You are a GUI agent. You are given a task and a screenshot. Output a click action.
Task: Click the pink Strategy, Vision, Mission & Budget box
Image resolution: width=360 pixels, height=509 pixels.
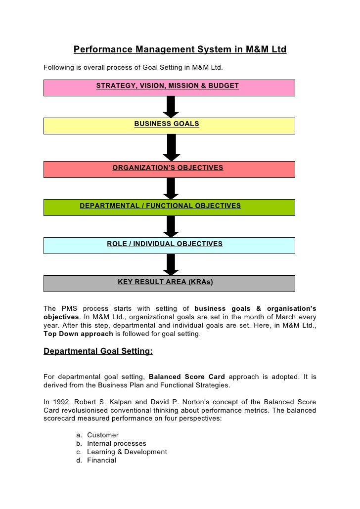pyautogui.click(x=169, y=87)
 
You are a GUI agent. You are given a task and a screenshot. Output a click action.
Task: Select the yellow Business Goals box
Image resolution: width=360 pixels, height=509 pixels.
pyautogui.click(x=169, y=126)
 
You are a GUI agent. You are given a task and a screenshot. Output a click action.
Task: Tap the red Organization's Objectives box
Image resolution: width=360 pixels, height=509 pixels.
pyautogui.click(x=169, y=169)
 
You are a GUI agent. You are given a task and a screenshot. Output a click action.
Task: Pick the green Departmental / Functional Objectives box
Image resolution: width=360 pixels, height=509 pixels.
pyautogui.click(x=169, y=207)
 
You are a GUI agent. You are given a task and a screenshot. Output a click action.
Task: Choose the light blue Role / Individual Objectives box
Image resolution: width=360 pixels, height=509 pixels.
pyautogui.click(x=169, y=245)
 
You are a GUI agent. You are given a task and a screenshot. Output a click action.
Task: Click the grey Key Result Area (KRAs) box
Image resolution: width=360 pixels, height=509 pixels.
pyautogui.click(x=169, y=283)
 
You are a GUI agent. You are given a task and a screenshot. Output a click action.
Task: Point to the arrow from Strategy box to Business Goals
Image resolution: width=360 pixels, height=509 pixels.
pyautogui.click(x=171, y=106)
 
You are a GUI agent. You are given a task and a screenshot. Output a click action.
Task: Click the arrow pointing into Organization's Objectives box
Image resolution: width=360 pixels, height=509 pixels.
pyautogui.click(x=171, y=147)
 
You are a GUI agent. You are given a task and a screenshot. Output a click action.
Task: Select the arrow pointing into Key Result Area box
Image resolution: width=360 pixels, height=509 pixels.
pyautogui.click(x=171, y=264)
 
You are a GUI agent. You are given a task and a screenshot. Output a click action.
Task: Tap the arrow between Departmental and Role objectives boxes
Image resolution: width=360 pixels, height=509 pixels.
pyautogui.click(x=171, y=226)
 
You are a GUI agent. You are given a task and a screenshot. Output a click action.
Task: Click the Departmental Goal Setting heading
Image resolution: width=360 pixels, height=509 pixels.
pyautogui.click(x=98, y=352)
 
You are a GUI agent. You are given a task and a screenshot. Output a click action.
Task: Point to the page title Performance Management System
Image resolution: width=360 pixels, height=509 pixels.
pyautogui.click(x=180, y=50)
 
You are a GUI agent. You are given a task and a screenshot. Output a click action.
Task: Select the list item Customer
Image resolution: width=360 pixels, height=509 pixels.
pyautogui.click(x=103, y=435)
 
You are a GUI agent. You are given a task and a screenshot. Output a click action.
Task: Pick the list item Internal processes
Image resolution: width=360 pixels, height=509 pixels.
pyautogui.click(x=117, y=443)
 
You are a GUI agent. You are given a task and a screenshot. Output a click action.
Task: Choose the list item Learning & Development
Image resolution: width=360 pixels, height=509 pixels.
pyautogui.click(x=127, y=452)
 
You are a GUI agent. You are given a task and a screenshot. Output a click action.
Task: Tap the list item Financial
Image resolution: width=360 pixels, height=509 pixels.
pyautogui.click(x=101, y=460)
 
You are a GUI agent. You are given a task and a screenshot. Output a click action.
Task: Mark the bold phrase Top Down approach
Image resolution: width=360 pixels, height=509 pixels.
pyautogui.click(x=78, y=334)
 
